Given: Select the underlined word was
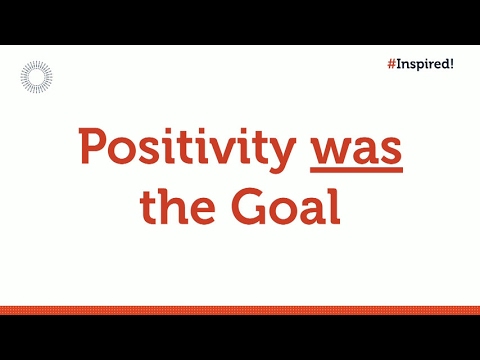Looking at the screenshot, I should point(356,149).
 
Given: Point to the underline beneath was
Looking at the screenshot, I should point(356,171).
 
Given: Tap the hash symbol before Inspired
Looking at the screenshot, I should point(390,62).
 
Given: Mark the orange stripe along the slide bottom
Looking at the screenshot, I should point(240,310).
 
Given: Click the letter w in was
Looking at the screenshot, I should point(328,152).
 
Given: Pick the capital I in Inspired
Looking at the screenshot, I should point(399,62).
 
